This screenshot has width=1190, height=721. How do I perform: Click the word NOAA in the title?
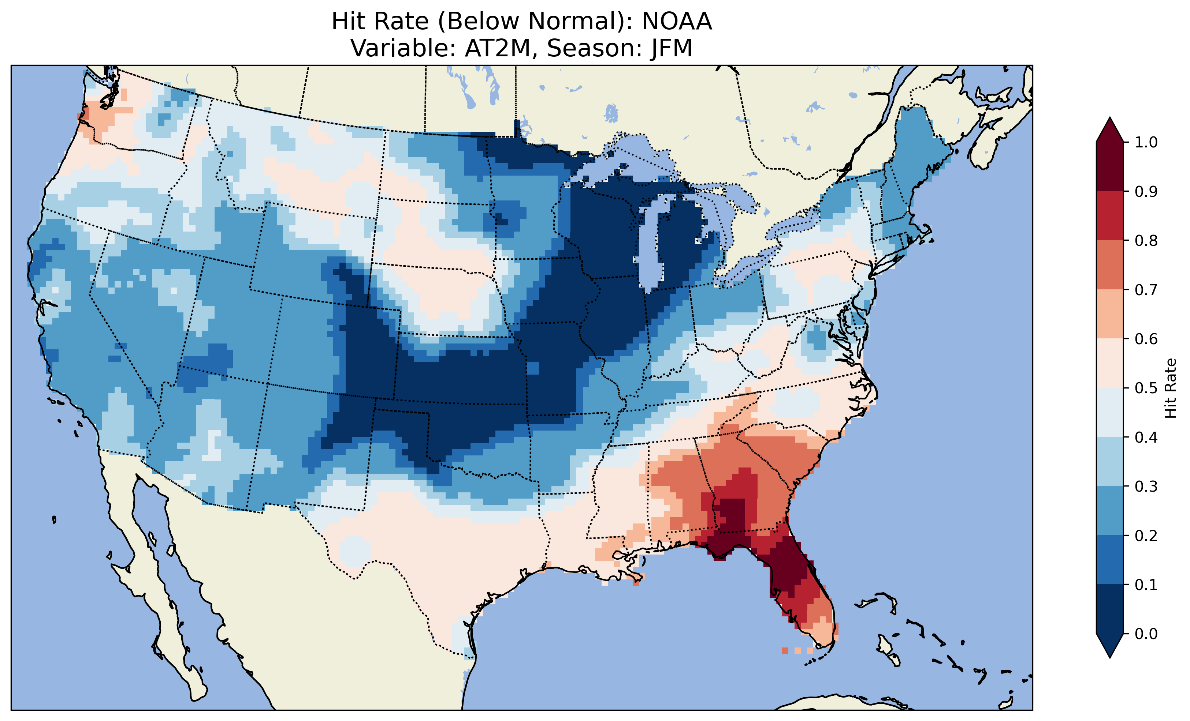[x=677, y=22]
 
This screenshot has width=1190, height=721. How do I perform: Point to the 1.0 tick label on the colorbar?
[x=1146, y=142]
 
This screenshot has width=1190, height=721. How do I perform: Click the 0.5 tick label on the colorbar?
[x=1146, y=388]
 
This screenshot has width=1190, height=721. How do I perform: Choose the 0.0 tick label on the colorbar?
[x=1146, y=634]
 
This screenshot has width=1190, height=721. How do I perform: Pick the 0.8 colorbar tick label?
[x=1146, y=240]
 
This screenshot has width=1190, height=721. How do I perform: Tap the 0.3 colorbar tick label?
[x=1146, y=487]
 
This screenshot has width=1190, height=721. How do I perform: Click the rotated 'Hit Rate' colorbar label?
[x=1170, y=388]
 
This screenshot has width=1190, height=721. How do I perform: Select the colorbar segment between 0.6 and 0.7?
[x=1109, y=314]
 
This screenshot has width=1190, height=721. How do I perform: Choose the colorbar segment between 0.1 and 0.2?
[x=1109, y=560]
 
